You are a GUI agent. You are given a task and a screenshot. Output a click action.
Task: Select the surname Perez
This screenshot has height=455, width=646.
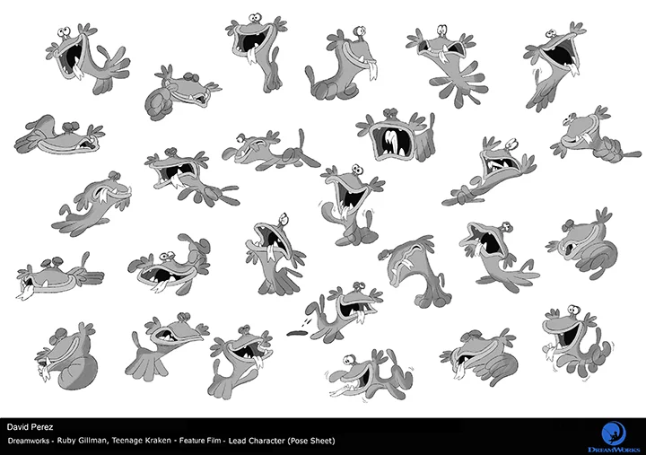pos(43,427)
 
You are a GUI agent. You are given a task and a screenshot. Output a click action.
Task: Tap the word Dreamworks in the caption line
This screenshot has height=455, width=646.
pos(29,441)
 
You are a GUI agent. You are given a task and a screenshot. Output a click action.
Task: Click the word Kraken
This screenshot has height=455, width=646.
pos(157,441)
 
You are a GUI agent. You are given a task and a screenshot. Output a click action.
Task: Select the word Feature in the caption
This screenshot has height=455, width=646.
pos(193,441)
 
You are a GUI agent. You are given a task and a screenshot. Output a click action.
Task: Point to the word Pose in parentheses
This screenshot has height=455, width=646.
pos(298,441)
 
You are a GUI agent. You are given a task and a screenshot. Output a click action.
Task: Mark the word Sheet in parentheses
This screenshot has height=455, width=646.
pos(323,441)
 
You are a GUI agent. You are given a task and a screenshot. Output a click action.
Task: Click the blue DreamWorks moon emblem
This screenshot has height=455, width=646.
pos(614,433)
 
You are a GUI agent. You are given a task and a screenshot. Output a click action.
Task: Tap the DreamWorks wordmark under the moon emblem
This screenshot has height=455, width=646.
pos(614,449)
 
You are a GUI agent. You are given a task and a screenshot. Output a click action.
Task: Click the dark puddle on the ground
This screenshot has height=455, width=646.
pos(297,332)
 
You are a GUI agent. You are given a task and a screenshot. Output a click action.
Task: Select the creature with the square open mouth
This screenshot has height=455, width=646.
pos(395,135)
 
